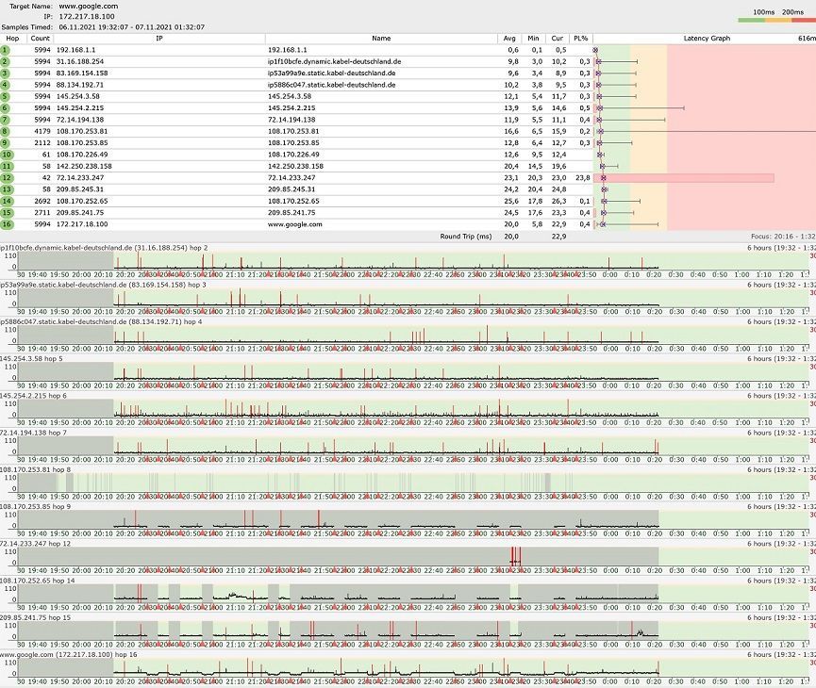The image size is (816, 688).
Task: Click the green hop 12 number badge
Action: [x=6, y=177]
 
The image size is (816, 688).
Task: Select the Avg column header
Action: [x=512, y=39]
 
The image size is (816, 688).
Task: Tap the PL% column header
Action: [x=581, y=39]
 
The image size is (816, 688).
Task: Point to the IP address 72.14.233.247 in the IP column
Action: [x=80, y=177]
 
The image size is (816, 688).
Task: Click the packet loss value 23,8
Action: [x=582, y=177]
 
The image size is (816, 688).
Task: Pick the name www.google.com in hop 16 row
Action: [x=295, y=224]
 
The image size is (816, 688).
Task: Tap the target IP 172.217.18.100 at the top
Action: [x=87, y=16]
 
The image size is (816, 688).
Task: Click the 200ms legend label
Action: [x=792, y=11]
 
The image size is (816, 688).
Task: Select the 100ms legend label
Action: [x=764, y=11]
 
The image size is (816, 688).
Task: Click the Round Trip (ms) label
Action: [x=466, y=236]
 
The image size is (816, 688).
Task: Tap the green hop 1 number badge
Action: [x=6, y=50]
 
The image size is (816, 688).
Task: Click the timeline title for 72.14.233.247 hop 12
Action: [x=38, y=544]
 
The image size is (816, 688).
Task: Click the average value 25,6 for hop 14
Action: [x=511, y=201]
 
